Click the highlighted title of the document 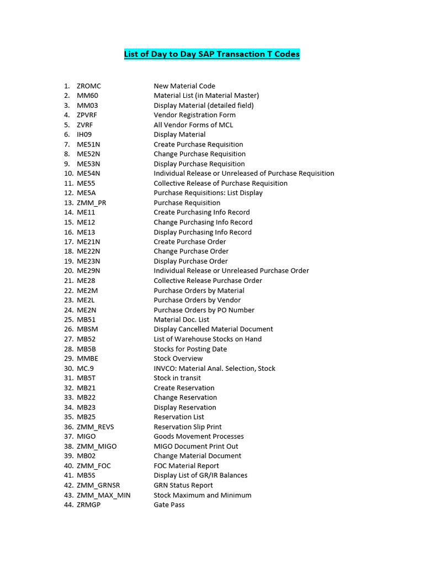pyautogui.click(x=211, y=54)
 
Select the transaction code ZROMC pyautogui.click(x=89, y=86)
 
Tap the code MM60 pyautogui.click(x=87, y=96)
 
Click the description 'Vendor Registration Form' pyautogui.click(x=194, y=115)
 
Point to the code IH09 pyautogui.click(x=86, y=134)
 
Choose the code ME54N pyautogui.click(x=88, y=174)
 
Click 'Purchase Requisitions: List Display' pyautogui.click(x=208, y=193)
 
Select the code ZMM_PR pyautogui.click(x=92, y=203)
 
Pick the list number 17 pyautogui.click(x=68, y=242)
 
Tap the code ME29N pyautogui.click(x=88, y=271)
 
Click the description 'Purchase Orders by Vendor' pyautogui.click(x=197, y=300)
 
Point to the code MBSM pyautogui.click(x=87, y=329)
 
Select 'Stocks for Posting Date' pyautogui.click(x=190, y=349)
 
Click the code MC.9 pyautogui.click(x=86, y=368)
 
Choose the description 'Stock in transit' pyautogui.click(x=177, y=378)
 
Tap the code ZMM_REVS pyautogui.click(x=96, y=427)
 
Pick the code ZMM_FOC pyautogui.click(x=94, y=466)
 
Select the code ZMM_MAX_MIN pyautogui.click(x=104, y=495)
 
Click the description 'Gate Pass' pyautogui.click(x=169, y=505)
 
